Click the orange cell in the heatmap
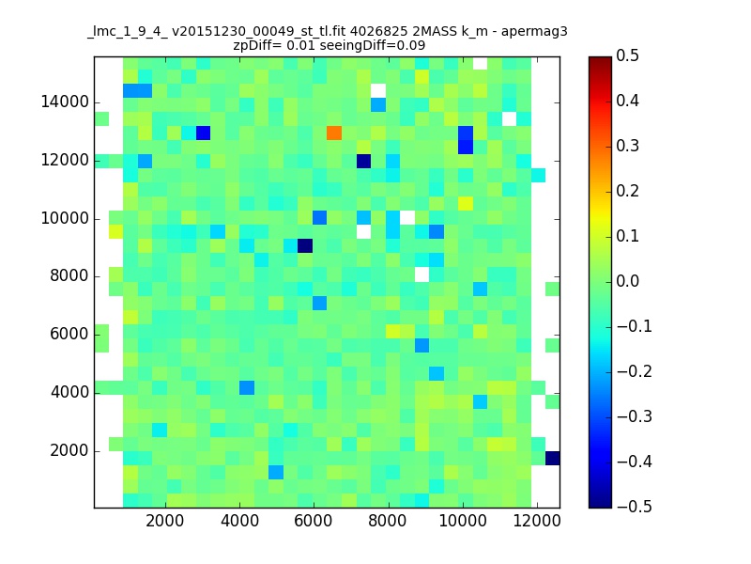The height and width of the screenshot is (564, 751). coord(334,133)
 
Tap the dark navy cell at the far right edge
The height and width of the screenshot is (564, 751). coord(552,458)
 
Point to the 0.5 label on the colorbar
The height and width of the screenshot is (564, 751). coord(627,55)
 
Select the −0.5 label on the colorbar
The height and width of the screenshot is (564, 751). coord(635,507)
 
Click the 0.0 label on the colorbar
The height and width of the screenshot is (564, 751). coord(627,281)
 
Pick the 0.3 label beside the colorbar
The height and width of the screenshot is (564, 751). coord(627,146)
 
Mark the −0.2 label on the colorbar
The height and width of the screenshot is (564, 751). coord(635,371)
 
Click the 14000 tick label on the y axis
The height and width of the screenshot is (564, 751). coord(65,102)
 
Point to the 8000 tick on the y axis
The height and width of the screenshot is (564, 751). coord(69,276)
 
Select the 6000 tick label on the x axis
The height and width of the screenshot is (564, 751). coord(314,521)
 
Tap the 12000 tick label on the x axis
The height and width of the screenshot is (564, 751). coord(537,521)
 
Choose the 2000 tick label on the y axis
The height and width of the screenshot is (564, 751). coord(69,451)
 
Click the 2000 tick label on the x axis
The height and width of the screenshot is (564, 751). coord(165,521)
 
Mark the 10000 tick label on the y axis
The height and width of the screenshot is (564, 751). coord(65,219)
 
